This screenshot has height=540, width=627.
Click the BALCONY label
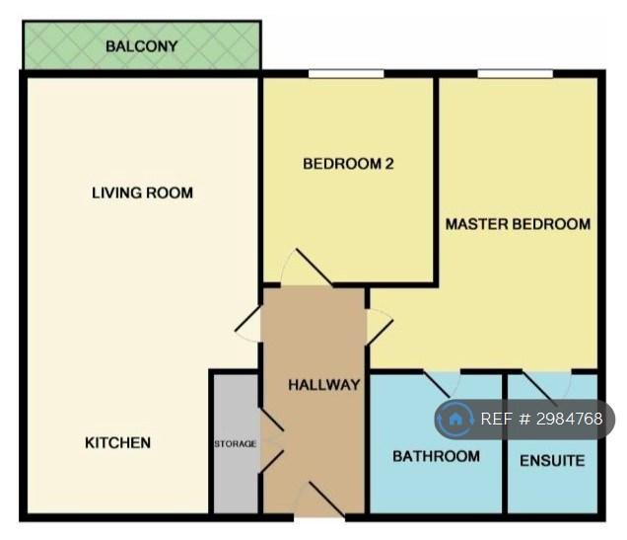142,46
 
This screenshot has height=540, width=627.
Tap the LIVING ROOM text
142,193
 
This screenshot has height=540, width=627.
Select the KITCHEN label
118,442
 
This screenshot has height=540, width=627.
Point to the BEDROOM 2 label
348,164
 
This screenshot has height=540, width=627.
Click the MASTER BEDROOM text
518,224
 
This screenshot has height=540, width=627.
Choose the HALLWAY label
324,385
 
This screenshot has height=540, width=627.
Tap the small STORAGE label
235,444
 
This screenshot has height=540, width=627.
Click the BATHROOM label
437,456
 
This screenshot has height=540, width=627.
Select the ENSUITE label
552,461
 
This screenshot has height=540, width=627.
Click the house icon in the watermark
454,420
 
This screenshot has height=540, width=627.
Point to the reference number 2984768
570,420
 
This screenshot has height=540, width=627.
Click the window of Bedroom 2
346,74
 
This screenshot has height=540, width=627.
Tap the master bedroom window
516,74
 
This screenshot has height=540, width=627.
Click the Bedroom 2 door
313,267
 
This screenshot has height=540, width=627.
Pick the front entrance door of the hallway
327,500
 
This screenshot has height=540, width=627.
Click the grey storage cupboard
236,443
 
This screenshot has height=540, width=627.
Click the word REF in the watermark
497,420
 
